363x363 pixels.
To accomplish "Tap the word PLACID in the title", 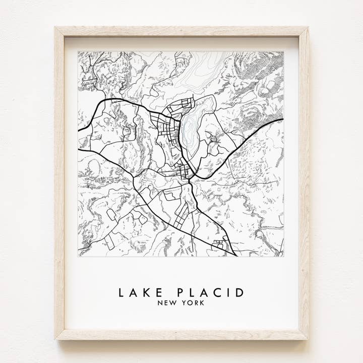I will (x=211, y=292).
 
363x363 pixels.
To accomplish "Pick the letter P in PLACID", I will (x=181, y=292).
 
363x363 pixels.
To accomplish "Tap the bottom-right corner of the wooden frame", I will (x=308, y=338).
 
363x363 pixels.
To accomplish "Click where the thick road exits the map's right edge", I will (x=283, y=119).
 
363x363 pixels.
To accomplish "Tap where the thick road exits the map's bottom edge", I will (x=236, y=256).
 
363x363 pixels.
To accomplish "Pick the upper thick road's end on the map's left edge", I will (x=79, y=131).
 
